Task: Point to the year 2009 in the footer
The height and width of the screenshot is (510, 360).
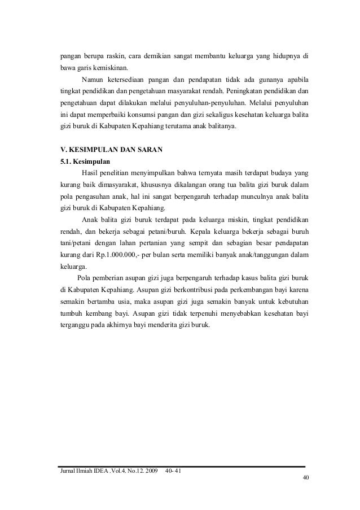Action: tap(150, 471)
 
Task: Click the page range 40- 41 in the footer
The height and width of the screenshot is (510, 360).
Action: tap(174, 471)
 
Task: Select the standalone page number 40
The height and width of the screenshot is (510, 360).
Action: tap(305, 479)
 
